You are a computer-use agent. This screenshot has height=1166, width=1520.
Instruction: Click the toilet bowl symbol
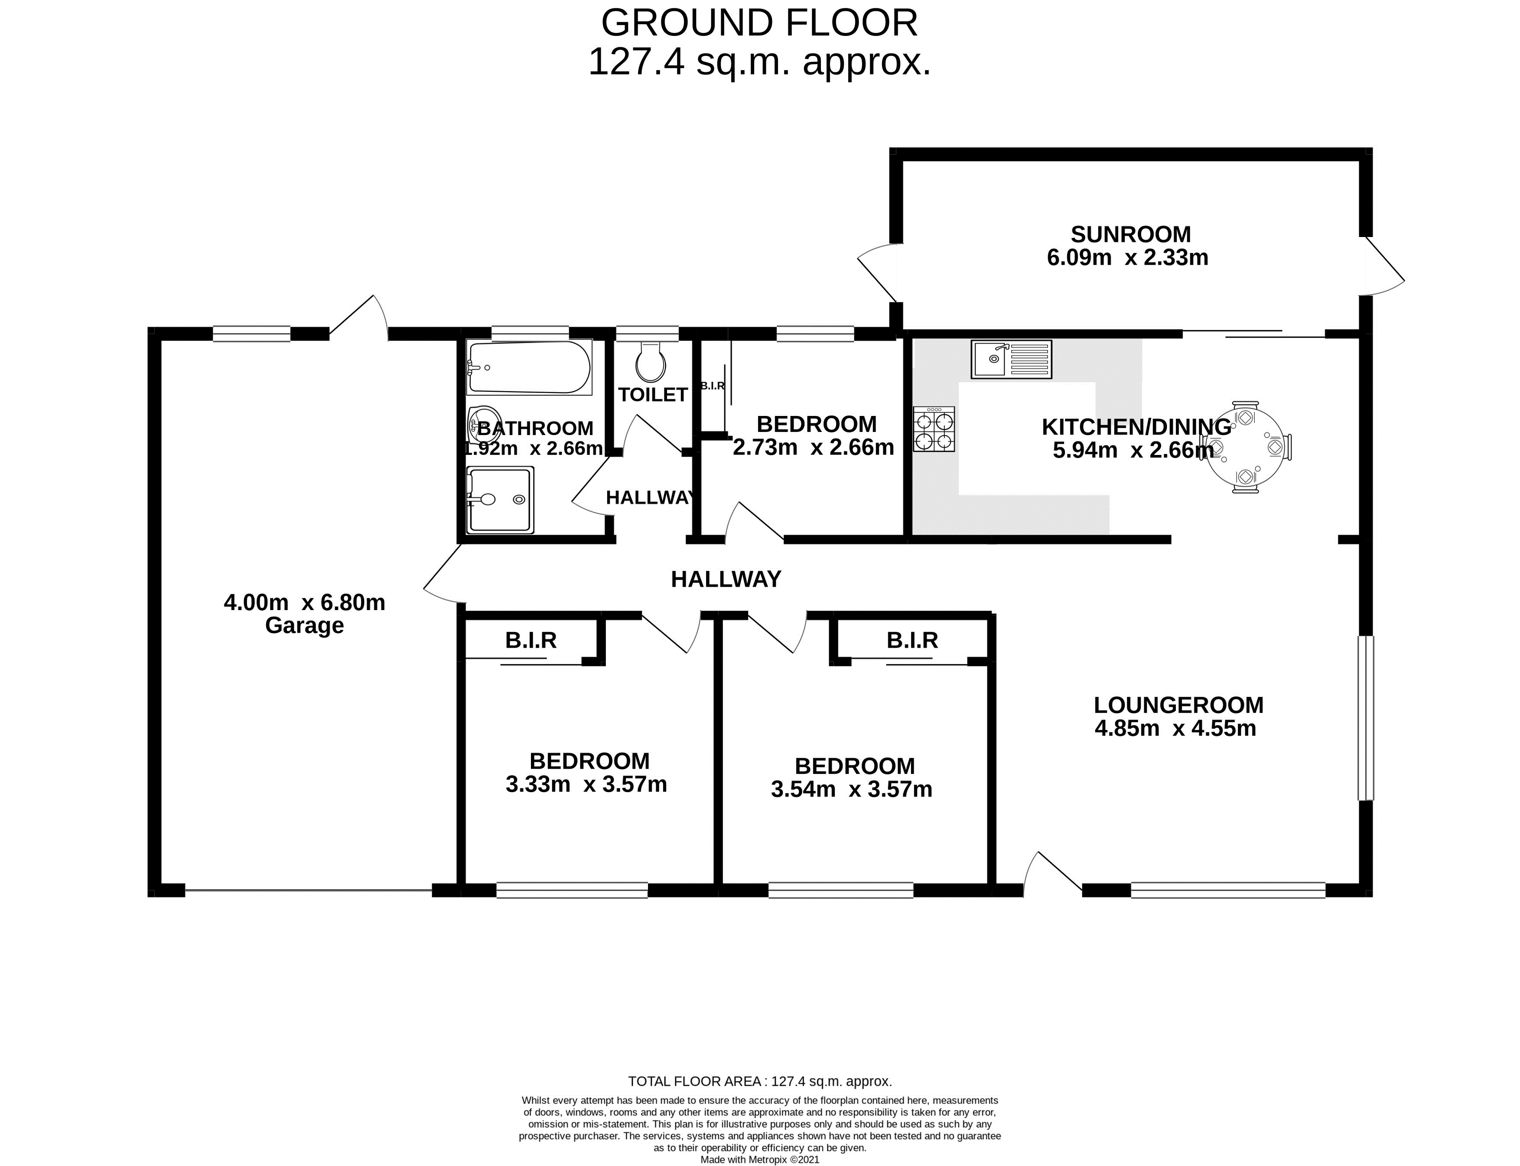click(650, 362)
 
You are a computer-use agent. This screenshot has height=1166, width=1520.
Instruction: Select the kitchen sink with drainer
click(1011, 359)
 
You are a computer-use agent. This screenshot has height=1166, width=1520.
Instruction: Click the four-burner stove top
click(934, 430)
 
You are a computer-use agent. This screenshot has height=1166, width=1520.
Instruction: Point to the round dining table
click(1247, 448)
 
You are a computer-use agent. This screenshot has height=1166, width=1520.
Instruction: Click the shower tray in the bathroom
click(500, 500)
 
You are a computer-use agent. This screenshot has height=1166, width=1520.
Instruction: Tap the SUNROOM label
click(1131, 234)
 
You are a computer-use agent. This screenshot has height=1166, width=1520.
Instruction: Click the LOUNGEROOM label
click(1178, 705)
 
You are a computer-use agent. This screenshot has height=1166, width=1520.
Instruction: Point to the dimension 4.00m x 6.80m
click(305, 602)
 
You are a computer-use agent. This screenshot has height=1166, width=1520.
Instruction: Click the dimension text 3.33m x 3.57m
click(586, 784)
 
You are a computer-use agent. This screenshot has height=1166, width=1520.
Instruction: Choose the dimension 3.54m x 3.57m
click(852, 789)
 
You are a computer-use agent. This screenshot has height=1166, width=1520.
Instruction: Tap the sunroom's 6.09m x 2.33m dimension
click(1128, 257)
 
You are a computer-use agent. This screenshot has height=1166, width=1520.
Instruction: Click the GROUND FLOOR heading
click(759, 23)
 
